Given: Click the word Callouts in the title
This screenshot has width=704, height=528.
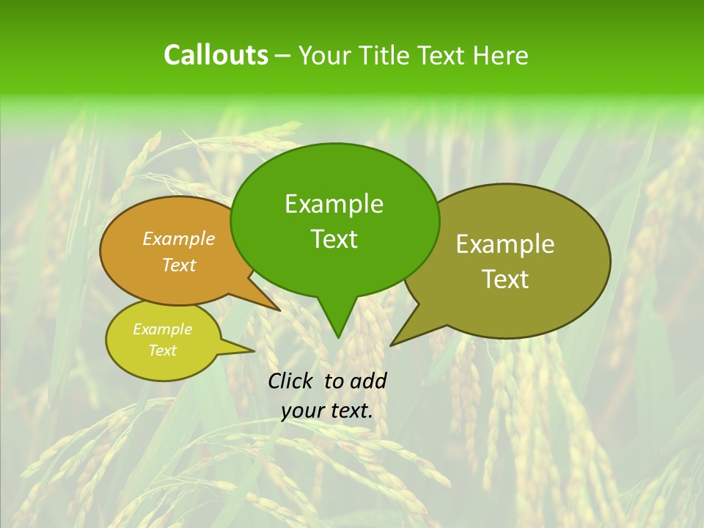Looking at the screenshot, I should pyautogui.click(x=216, y=55).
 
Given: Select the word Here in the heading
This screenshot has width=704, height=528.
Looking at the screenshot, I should pyautogui.click(x=500, y=56).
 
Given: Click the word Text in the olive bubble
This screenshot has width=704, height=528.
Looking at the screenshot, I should pyautogui.click(x=505, y=279).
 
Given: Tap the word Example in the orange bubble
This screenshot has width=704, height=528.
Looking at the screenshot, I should pyautogui.click(x=179, y=238).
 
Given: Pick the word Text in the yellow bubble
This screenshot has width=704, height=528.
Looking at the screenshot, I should pyautogui.click(x=163, y=351).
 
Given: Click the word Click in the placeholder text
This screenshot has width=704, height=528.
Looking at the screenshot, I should pyautogui.click(x=291, y=381).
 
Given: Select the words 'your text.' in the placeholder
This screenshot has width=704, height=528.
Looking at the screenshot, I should pyautogui.click(x=327, y=411).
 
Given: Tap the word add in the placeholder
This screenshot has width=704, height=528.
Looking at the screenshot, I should pyautogui.click(x=368, y=381).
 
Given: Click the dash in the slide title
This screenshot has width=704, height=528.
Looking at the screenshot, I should pyautogui.click(x=283, y=56).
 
